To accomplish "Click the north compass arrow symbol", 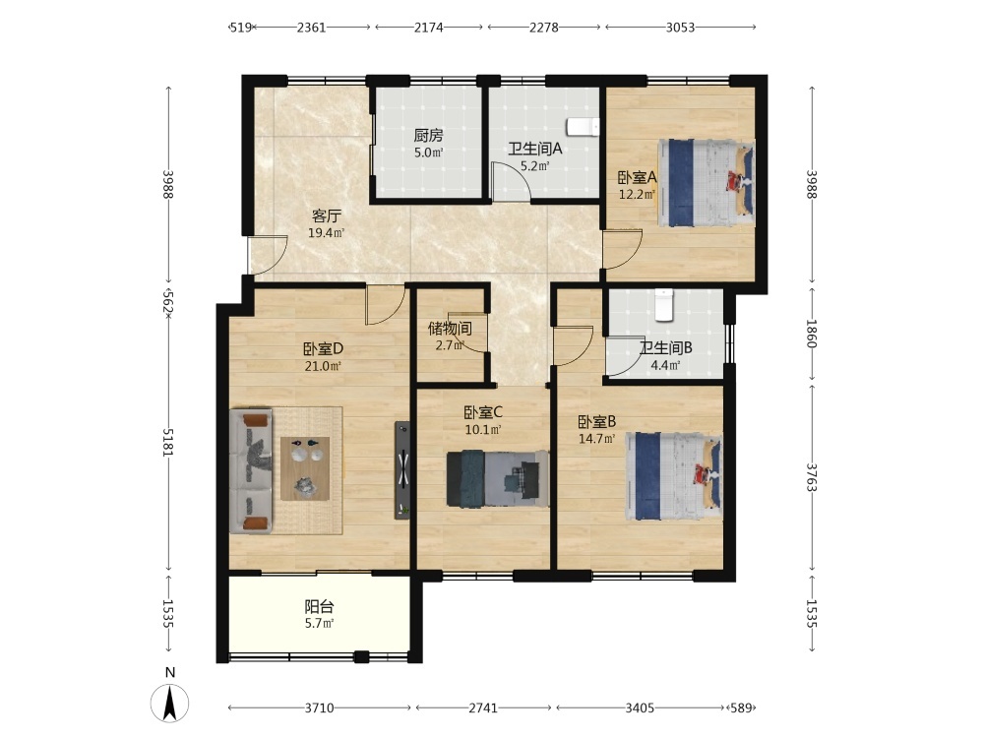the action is [169, 703].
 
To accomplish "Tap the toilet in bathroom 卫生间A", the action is [583, 127].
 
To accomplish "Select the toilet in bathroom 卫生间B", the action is [663, 304].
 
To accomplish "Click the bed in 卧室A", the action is [706, 183].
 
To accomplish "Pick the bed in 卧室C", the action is [498, 478].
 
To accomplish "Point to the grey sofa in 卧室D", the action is [251, 471].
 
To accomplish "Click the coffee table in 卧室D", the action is [305, 468].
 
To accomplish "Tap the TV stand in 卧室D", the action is [402, 470].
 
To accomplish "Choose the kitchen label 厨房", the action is [429, 135].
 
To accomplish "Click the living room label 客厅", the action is [327, 216].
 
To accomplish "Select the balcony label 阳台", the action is [319, 607].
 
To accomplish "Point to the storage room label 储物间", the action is [450, 329].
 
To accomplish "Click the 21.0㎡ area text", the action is [323, 366].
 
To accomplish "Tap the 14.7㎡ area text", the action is [597, 439].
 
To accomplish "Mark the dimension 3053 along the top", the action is [680, 27].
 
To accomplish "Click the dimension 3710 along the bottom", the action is [320, 707].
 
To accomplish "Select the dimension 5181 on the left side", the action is [168, 443].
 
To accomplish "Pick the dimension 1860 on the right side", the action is [812, 334].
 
